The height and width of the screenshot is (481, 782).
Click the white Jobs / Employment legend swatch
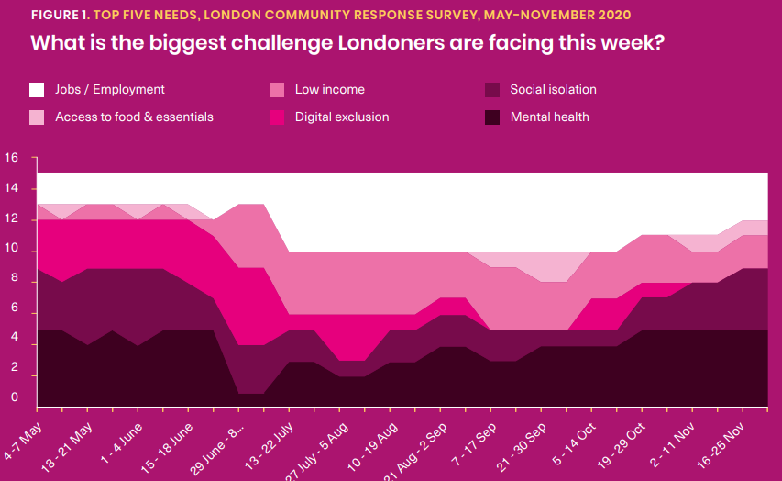click(x=37, y=90)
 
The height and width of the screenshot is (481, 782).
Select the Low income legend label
click(x=329, y=90)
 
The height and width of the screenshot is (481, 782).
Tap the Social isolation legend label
click(x=553, y=90)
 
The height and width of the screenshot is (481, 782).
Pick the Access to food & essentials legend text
click(x=134, y=117)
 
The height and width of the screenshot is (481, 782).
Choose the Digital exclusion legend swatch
click(x=276, y=117)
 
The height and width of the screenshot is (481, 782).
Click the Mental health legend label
click(x=549, y=117)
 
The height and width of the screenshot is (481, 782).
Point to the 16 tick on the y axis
click(x=11, y=158)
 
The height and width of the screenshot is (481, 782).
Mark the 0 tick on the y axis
click(x=15, y=398)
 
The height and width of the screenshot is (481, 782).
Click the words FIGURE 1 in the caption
click(x=59, y=16)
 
